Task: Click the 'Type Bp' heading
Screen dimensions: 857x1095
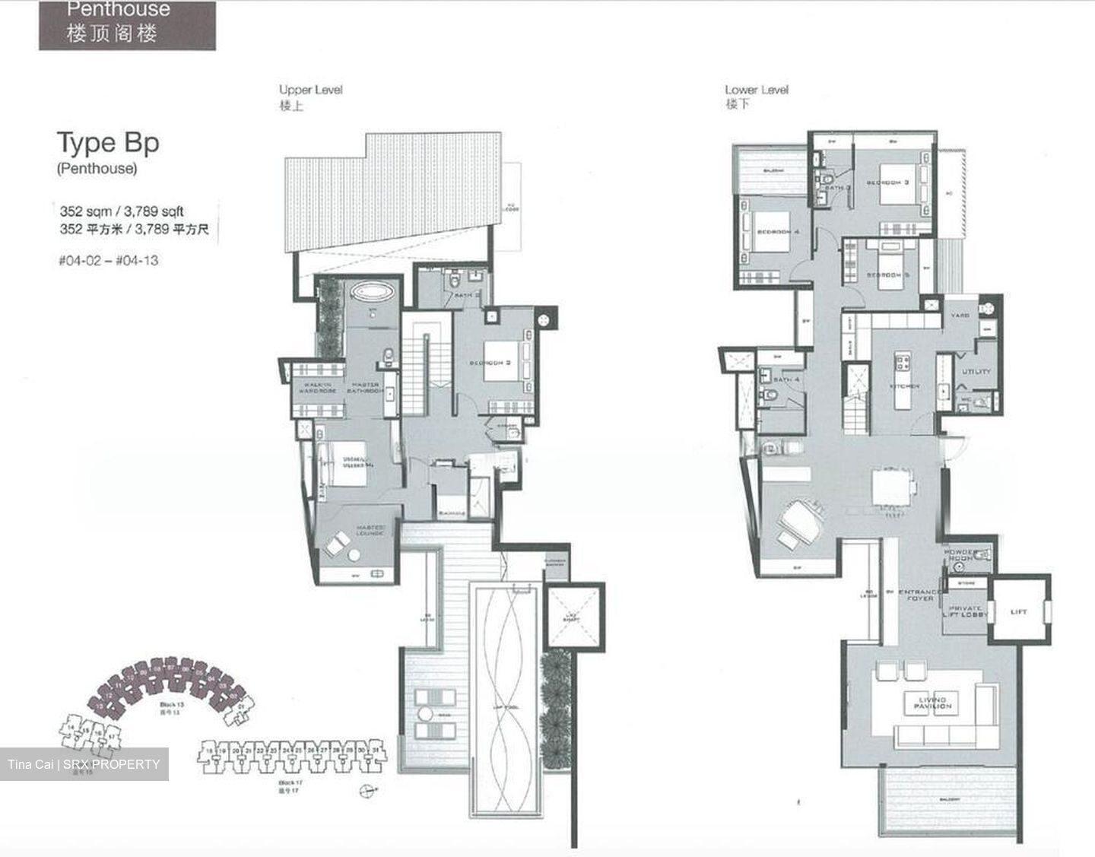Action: click(108, 144)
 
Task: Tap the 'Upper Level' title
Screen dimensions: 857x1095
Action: click(310, 90)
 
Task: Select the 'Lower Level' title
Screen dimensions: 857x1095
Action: click(757, 90)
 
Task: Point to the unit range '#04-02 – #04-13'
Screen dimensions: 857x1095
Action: click(108, 260)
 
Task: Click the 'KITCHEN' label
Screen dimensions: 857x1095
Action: click(905, 386)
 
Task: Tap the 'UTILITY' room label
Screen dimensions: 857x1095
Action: click(976, 371)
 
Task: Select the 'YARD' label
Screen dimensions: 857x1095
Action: click(959, 315)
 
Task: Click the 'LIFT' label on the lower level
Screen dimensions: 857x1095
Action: click(1019, 611)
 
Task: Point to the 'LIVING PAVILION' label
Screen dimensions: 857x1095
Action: click(932, 703)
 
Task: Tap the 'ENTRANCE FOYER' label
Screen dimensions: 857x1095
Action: click(919, 595)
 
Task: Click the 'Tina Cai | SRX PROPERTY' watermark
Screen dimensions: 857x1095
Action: click(84, 764)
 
